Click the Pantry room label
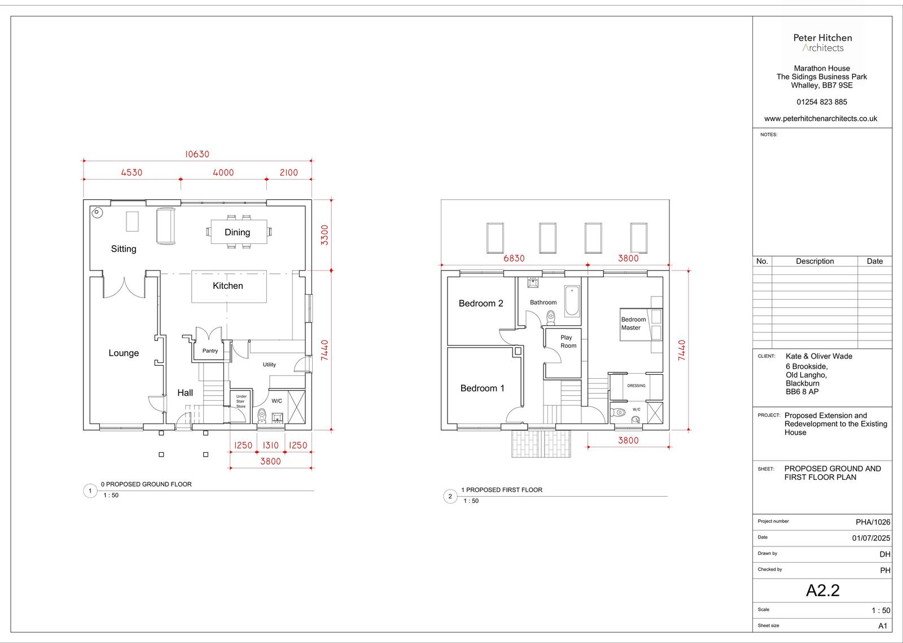(x=210, y=351)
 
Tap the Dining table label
(x=238, y=232)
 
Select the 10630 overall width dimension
(x=197, y=154)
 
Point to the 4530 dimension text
(x=132, y=173)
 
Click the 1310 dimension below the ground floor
(x=270, y=445)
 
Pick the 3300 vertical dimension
(x=325, y=235)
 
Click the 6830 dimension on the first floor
(x=514, y=258)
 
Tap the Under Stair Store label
(x=241, y=401)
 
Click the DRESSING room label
(x=636, y=386)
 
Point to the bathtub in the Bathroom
(x=572, y=301)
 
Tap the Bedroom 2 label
(x=481, y=303)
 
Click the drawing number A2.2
(x=822, y=590)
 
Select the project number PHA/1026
(x=873, y=522)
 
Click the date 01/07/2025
(x=871, y=538)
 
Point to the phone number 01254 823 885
(x=822, y=102)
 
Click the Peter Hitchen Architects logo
(x=822, y=43)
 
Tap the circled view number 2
(x=450, y=496)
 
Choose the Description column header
(x=815, y=261)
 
